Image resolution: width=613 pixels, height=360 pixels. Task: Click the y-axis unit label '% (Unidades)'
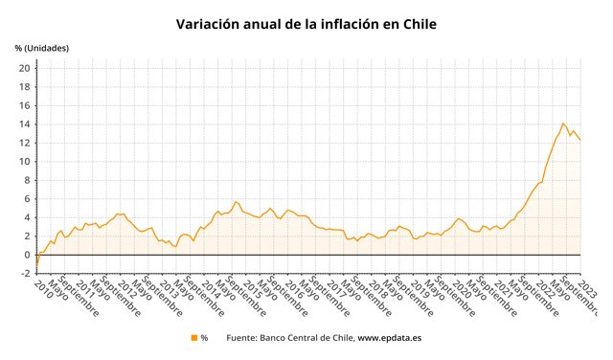(41, 47)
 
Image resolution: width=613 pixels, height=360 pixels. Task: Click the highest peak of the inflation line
(563, 123)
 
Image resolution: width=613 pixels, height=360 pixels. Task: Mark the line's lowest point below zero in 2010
(36, 266)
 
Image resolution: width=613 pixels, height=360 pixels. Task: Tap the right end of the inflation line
(580, 141)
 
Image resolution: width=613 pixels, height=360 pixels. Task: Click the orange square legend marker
(193, 338)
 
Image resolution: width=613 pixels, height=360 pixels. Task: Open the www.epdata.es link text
(391, 338)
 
